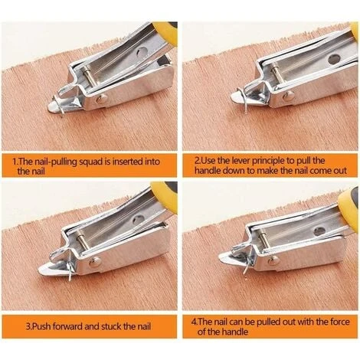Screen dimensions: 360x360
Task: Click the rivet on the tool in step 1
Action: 101,99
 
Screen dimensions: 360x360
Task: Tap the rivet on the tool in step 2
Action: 289,96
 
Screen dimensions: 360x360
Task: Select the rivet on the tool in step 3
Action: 95,262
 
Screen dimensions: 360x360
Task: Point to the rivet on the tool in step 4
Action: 273,260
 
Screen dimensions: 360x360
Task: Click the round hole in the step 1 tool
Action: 141,51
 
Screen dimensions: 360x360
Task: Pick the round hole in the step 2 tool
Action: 333,59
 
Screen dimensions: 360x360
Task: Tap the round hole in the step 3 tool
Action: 139,218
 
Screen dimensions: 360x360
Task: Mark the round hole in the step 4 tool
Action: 319,231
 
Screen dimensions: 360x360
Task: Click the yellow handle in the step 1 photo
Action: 165,33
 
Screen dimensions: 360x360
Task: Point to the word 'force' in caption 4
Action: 338,322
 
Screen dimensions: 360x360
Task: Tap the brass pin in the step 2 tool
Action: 276,76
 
